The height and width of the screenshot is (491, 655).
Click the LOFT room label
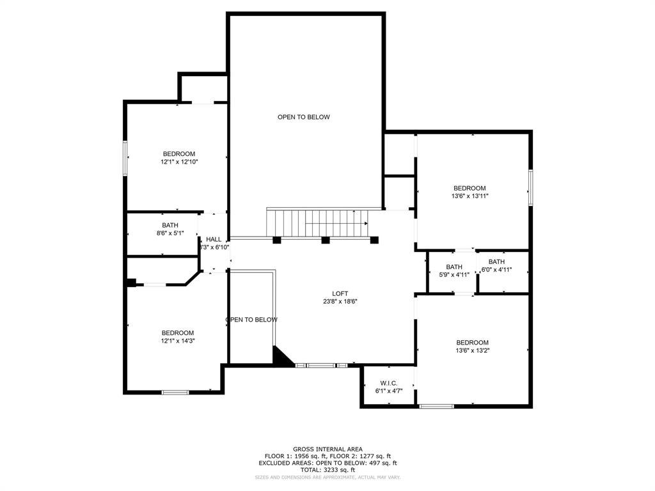click(x=340, y=293)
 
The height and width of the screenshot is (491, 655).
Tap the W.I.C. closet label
click(x=388, y=382)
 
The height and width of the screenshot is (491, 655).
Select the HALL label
click(x=214, y=239)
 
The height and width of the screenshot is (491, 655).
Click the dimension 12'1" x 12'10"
click(x=179, y=162)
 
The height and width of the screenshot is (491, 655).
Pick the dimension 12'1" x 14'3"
click(x=177, y=341)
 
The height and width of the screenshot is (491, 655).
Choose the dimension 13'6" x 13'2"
click(x=473, y=350)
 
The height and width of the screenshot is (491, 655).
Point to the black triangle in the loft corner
click(x=281, y=357)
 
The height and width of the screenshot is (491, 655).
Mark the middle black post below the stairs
click(x=325, y=240)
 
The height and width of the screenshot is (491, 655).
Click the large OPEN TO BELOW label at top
click(x=304, y=117)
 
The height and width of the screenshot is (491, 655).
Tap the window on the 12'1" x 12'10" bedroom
click(x=126, y=157)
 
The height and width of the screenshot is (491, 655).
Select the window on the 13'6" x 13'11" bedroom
click(x=530, y=187)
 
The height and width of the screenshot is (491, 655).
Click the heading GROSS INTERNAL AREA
click(x=327, y=449)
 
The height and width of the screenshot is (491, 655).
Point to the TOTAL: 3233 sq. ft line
click(x=327, y=469)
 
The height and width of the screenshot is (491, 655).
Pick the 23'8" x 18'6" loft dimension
click(x=340, y=301)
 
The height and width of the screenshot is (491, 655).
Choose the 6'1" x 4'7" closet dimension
click(x=388, y=390)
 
